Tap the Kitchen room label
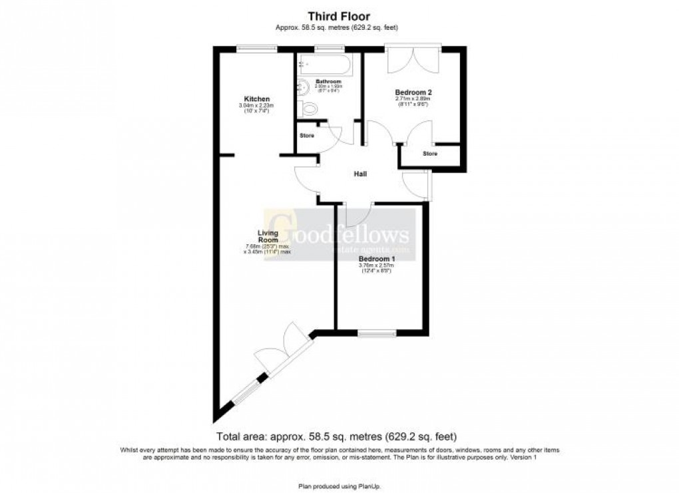tap(256, 99)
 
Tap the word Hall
tap(360, 174)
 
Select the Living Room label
tap(268, 236)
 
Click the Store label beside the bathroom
tap(307, 136)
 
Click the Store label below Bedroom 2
tap(431, 154)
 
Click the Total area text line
tap(336, 437)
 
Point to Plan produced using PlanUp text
tap(339, 486)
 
